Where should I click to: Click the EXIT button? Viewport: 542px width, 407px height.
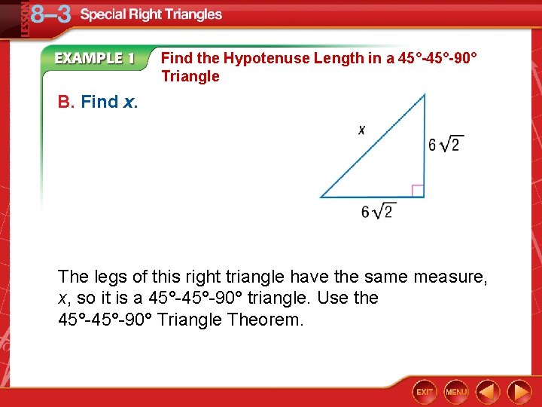click(425, 391)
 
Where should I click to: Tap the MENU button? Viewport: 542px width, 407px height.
click(456, 391)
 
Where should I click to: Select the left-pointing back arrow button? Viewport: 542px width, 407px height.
click(488, 391)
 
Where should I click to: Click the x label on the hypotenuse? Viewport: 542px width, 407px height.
click(361, 130)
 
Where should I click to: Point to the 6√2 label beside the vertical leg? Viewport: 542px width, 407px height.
click(444, 144)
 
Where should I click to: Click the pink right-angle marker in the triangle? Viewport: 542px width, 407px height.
click(418, 191)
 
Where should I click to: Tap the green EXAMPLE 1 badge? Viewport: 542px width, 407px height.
click(94, 59)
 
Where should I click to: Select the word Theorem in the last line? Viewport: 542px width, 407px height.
click(266, 320)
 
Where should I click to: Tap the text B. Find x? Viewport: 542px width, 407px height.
click(98, 102)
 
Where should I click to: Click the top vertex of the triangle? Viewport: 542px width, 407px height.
click(425, 94)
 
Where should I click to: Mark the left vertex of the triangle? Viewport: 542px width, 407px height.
click(321, 197)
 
